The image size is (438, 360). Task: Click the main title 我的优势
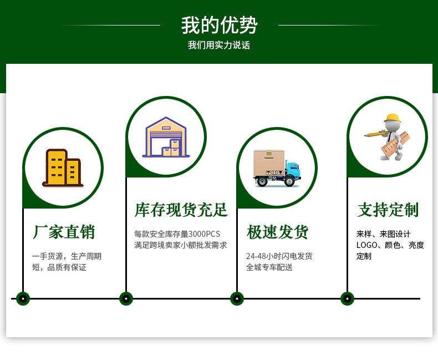219,26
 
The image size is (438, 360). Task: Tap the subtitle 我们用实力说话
219,45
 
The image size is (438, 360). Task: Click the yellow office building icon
63,168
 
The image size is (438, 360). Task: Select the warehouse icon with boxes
166,137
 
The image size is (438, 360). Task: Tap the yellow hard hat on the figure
392,118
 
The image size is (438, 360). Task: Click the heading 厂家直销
63,232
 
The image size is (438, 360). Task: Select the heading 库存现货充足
181,210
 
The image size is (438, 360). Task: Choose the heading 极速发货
277,232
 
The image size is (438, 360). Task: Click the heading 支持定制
388,210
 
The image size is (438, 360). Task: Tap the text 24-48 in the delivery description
256,256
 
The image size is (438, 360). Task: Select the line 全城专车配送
269,267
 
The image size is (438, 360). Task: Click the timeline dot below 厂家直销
23,298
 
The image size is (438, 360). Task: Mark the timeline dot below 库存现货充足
126,298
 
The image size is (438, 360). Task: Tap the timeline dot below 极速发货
237,298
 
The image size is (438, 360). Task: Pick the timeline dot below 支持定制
347,298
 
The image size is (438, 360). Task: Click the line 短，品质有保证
59,267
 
